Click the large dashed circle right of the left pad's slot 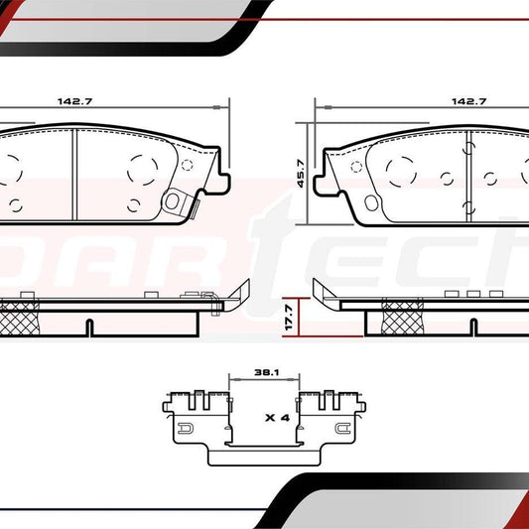[x=141, y=168]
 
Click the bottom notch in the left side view [x=87, y=327]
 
